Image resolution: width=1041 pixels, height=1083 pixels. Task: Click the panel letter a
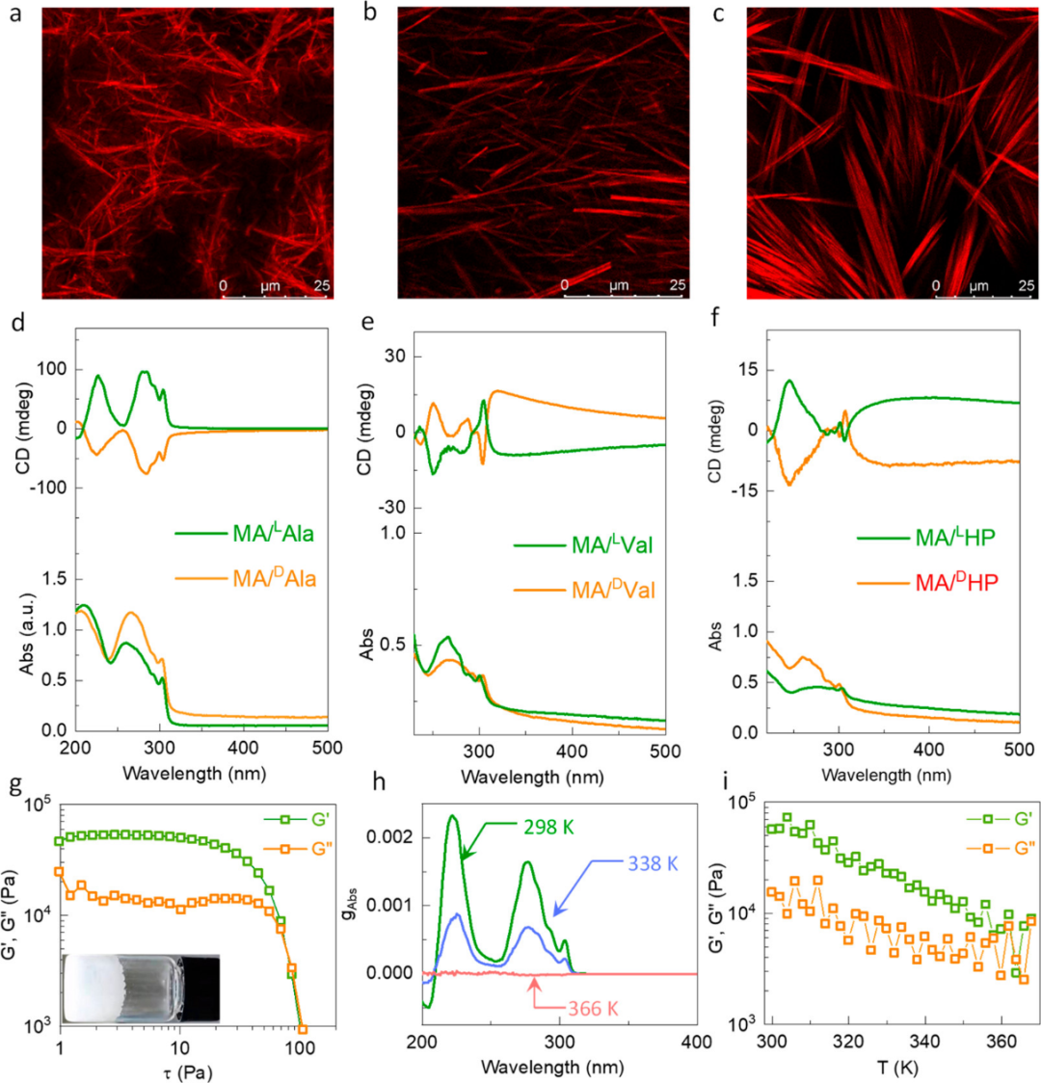point(13,16)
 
